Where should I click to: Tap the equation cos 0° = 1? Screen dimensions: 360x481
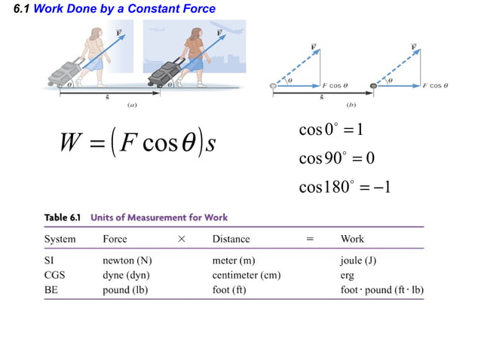coord(332,130)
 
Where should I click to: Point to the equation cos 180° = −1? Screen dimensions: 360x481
coord(344,186)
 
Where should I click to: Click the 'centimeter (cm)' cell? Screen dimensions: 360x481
coord(247,275)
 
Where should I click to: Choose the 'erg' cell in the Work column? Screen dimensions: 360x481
coord(348,275)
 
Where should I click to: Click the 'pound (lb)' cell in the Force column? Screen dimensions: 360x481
coord(124,289)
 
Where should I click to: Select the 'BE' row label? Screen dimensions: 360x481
coord(52,289)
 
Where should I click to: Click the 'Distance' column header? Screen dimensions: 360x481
coord(231,239)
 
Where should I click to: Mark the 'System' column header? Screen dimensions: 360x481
coord(60,239)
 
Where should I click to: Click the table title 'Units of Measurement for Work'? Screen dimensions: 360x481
coord(159,218)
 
